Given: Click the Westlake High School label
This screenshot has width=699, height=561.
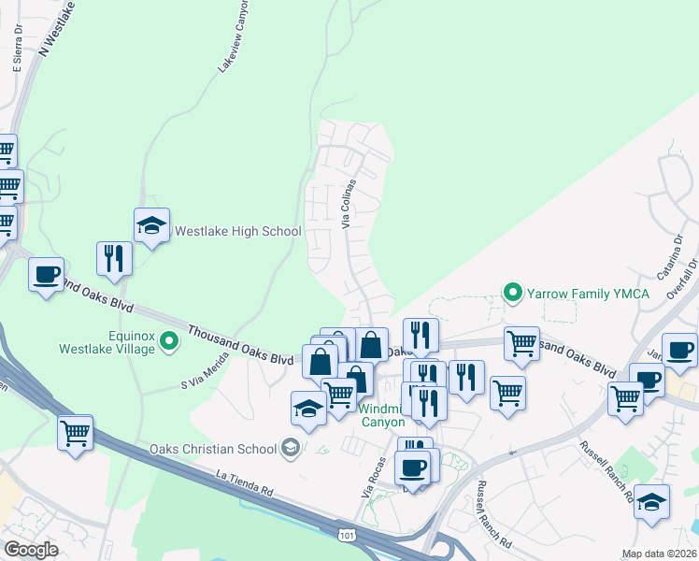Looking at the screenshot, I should (238, 231).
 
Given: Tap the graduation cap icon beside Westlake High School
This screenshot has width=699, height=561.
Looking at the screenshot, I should (151, 225).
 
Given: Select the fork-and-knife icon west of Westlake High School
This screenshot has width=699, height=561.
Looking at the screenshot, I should (114, 258).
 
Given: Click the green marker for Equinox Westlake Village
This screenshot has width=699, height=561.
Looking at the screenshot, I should (169, 341).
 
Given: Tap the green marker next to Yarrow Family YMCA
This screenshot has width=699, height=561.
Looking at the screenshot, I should (512, 293).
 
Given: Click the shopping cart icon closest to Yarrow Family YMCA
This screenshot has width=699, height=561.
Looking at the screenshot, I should (521, 342).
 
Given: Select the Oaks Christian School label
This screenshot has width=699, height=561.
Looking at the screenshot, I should (212, 448).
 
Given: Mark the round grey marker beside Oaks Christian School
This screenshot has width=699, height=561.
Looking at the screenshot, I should (291, 448).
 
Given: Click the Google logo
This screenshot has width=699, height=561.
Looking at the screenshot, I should (31, 550).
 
